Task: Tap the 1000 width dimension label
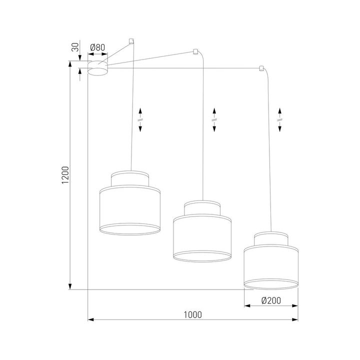tap(192, 314)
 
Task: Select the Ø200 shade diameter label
tap(270, 300)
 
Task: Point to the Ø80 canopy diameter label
tap(97, 48)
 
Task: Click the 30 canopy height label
tap(75, 48)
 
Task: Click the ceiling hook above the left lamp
tap(131, 40)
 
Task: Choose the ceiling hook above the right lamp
tap(261, 68)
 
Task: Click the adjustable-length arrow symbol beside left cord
tap(140, 119)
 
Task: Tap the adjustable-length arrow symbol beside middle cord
tap(214, 119)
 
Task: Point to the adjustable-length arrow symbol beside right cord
tap(280, 119)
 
